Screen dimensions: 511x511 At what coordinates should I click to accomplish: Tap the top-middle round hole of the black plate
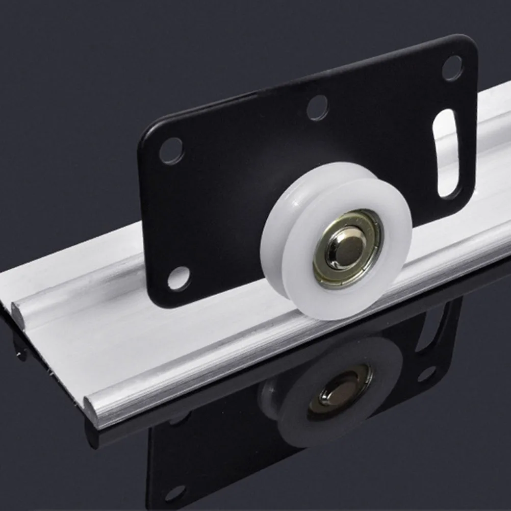(317, 107)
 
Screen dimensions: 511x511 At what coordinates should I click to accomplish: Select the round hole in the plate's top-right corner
(452, 68)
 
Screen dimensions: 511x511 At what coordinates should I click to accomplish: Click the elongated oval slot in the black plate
(447, 152)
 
